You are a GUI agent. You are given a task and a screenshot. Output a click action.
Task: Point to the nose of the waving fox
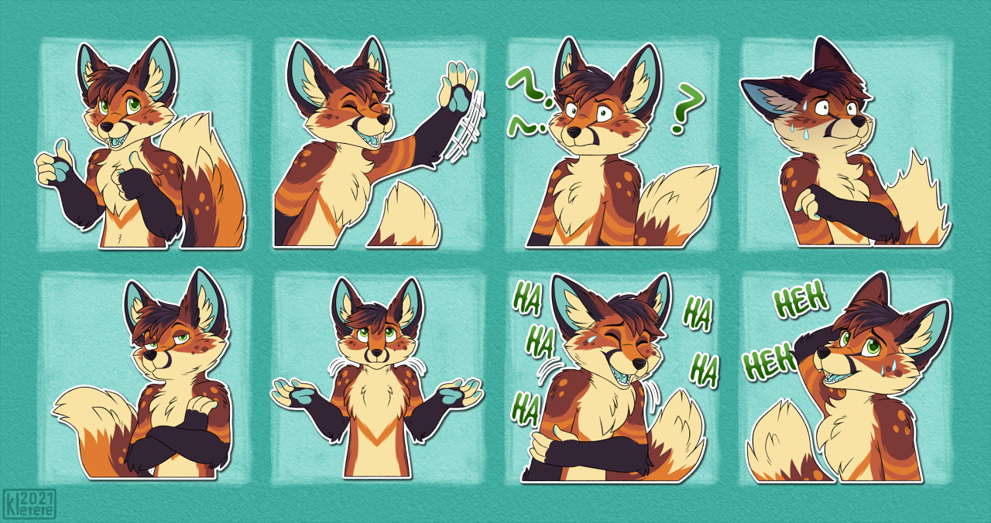pyautogui.click(x=383, y=119)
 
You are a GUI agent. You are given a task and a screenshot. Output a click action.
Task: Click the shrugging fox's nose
pyautogui.click(x=376, y=353)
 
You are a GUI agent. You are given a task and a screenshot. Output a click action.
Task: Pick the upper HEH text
pyautogui.click(x=801, y=299)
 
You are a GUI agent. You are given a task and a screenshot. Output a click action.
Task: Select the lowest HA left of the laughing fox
pyautogui.click(x=525, y=410)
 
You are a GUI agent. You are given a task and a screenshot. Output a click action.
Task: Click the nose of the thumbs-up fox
pyautogui.click(x=106, y=127)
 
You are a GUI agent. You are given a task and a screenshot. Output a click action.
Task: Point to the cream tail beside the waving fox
pyautogui.click(x=405, y=217)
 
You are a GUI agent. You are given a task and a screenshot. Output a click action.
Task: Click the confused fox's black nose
pyautogui.click(x=574, y=132)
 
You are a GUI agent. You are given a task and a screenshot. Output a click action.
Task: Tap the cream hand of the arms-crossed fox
pyautogui.click(x=203, y=405)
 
